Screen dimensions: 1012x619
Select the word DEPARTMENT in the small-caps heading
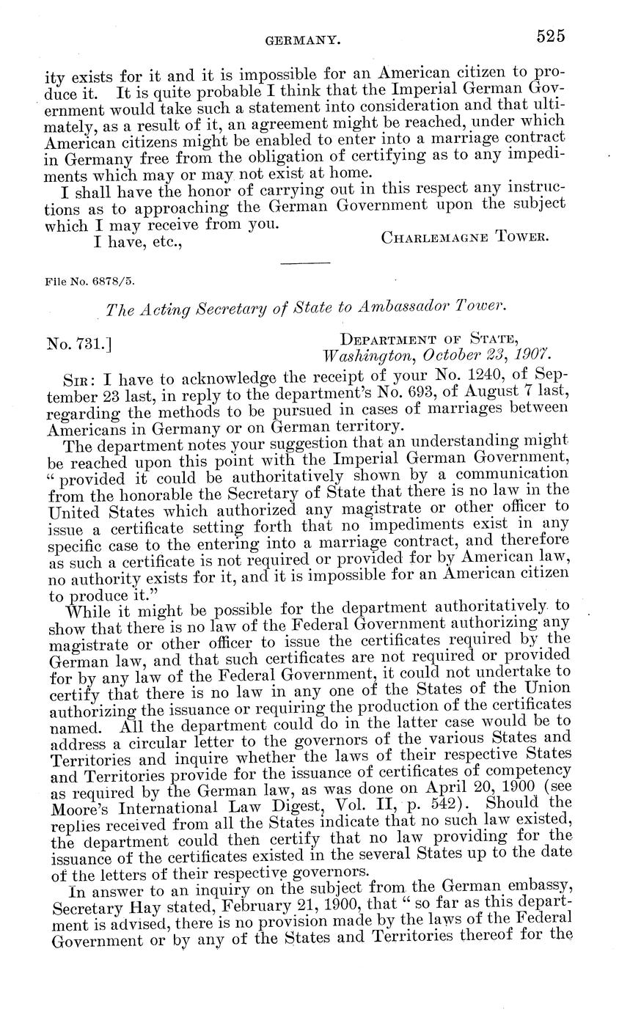click(x=390, y=338)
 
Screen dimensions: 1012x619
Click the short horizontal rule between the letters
click(x=305, y=262)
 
